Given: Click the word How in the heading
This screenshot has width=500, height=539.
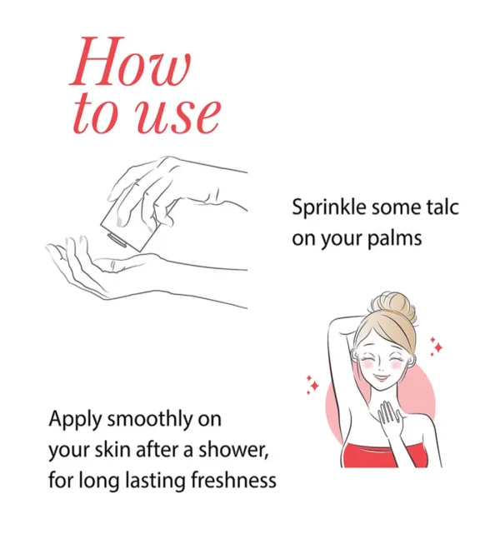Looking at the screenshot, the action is tap(130, 61).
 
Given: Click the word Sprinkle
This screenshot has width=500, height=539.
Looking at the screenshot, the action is tap(324, 208).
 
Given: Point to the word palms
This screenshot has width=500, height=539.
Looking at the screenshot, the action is tap(394, 239).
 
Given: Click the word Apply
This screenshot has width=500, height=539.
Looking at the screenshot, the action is tap(75, 421).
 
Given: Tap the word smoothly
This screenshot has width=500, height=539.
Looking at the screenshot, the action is tap(150, 420).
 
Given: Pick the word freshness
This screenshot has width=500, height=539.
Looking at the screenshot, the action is tap(233, 480).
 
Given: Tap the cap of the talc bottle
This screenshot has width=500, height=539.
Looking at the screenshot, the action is tap(117, 240).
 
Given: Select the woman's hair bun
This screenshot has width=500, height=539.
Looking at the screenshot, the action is tap(393, 306).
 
